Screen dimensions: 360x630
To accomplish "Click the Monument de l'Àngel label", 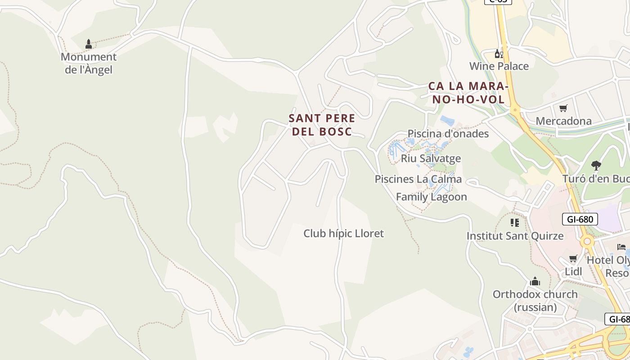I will point(89,63).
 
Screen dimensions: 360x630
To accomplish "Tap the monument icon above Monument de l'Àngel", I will point(89,44).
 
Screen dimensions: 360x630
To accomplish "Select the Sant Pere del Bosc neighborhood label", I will point(322,125).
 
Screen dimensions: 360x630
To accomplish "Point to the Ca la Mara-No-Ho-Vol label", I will point(468,93).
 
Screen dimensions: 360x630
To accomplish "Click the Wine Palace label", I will point(499,66).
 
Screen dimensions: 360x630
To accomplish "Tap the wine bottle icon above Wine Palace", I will point(499,54).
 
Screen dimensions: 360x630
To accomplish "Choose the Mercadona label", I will point(563,121).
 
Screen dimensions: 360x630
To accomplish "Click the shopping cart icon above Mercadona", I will point(563,108).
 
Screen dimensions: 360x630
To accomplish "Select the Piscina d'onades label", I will point(448,134).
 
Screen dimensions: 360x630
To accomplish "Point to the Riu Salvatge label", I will point(431,158).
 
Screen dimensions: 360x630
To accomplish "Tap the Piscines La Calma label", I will point(418,179).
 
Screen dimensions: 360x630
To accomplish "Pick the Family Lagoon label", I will point(431,197).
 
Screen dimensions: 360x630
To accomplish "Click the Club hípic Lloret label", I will point(344,234).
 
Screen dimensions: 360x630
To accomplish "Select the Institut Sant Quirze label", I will point(515,236).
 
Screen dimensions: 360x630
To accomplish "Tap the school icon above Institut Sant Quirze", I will point(515,223).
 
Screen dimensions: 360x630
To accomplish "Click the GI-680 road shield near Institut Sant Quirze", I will point(580,219).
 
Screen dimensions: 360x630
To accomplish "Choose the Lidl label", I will point(573,271).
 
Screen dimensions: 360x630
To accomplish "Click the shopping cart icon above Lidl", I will point(573,259).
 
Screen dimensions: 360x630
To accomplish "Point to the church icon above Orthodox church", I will point(535,282).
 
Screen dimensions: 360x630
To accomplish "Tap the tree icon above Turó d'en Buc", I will point(596,166).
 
